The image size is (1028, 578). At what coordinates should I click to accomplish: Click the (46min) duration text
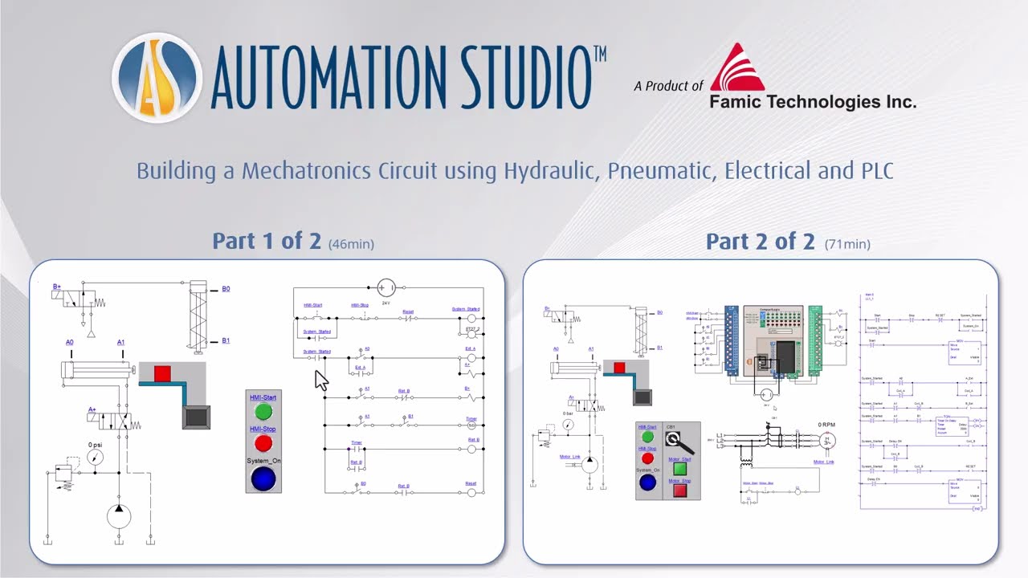coord(351,243)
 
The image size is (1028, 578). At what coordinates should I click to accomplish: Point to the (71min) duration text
coord(847,243)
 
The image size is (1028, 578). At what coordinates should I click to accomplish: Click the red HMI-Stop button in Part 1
coord(263,443)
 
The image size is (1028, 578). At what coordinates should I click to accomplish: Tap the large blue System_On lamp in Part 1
coord(263,478)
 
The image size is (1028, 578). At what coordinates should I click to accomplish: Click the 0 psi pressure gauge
coord(96,458)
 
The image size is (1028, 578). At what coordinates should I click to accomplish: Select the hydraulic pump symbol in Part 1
coord(119,516)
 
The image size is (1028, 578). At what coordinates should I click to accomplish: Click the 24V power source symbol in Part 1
coord(386,287)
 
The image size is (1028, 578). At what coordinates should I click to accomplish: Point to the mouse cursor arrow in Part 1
coord(321,380)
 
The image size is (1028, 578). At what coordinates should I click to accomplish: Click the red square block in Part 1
coord(162,372)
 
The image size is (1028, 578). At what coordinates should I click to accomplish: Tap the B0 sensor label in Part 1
coord(226,289)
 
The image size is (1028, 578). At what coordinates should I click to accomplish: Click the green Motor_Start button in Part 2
coord(679,468)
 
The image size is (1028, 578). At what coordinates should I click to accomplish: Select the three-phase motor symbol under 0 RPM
coord(826,440)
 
